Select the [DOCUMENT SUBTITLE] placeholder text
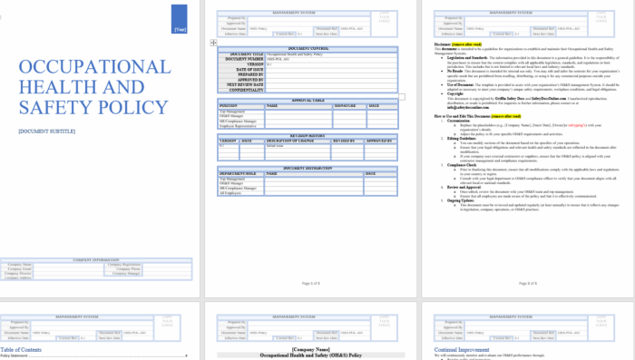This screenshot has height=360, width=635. [x=46, y=131]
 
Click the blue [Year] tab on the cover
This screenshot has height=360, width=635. [x=180, y=17]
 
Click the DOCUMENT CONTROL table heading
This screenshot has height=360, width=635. [x=308, y=47]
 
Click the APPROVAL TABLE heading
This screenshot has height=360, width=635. [x=308, y=101]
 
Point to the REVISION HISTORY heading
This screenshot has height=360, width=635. [x=308, y=135]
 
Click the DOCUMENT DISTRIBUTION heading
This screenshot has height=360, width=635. [x=308, y=168]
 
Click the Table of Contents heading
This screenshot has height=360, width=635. [x=21, y=349]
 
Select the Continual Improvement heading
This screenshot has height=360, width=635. [x=463, y=349]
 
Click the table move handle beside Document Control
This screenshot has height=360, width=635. [x=213, y=43]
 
